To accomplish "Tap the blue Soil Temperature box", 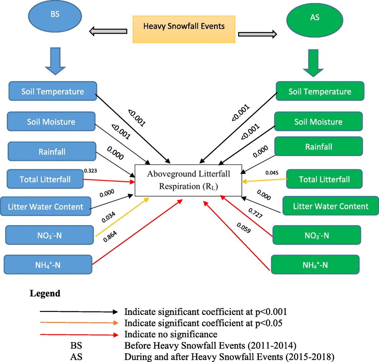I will (x=52, y=92).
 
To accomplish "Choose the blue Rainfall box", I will (x=52, y=151).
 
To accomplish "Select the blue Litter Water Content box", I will (x=45, y=207).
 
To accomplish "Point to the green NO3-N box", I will (x=316, y=235).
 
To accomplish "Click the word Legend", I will (x=44, y=293).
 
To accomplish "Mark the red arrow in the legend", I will (x=79, y=334).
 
